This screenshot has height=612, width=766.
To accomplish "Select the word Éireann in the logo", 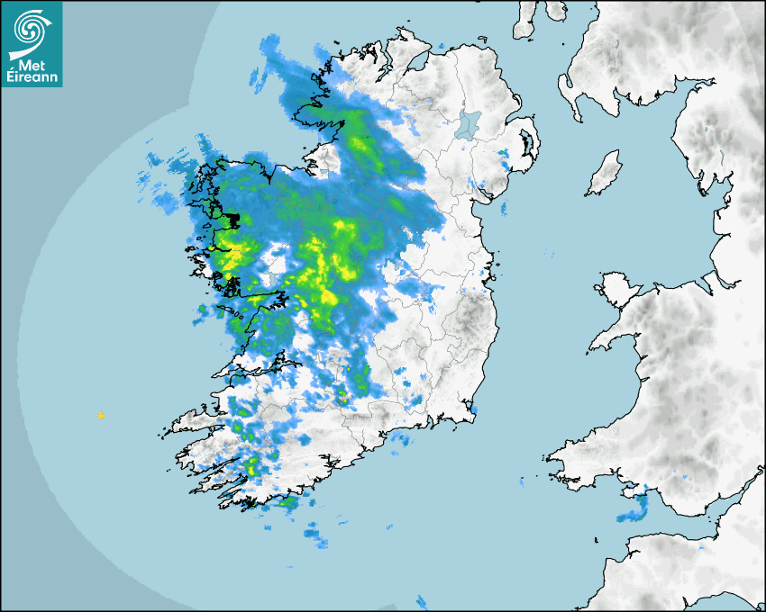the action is [x=32, y=76].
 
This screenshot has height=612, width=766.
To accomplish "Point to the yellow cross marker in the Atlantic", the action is [x=101, y=416].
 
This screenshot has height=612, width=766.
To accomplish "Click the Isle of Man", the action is [x=605, y=173].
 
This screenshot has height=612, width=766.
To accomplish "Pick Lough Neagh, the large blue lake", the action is [x=469, y=123].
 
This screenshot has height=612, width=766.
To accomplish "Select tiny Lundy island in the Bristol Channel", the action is [x=596, y=539].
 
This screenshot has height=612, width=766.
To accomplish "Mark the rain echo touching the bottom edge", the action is [x=421, y=601].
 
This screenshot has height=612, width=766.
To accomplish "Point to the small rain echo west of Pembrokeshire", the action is [x=522, y=485].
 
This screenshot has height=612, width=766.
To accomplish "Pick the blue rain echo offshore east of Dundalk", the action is [x=502, y=208].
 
